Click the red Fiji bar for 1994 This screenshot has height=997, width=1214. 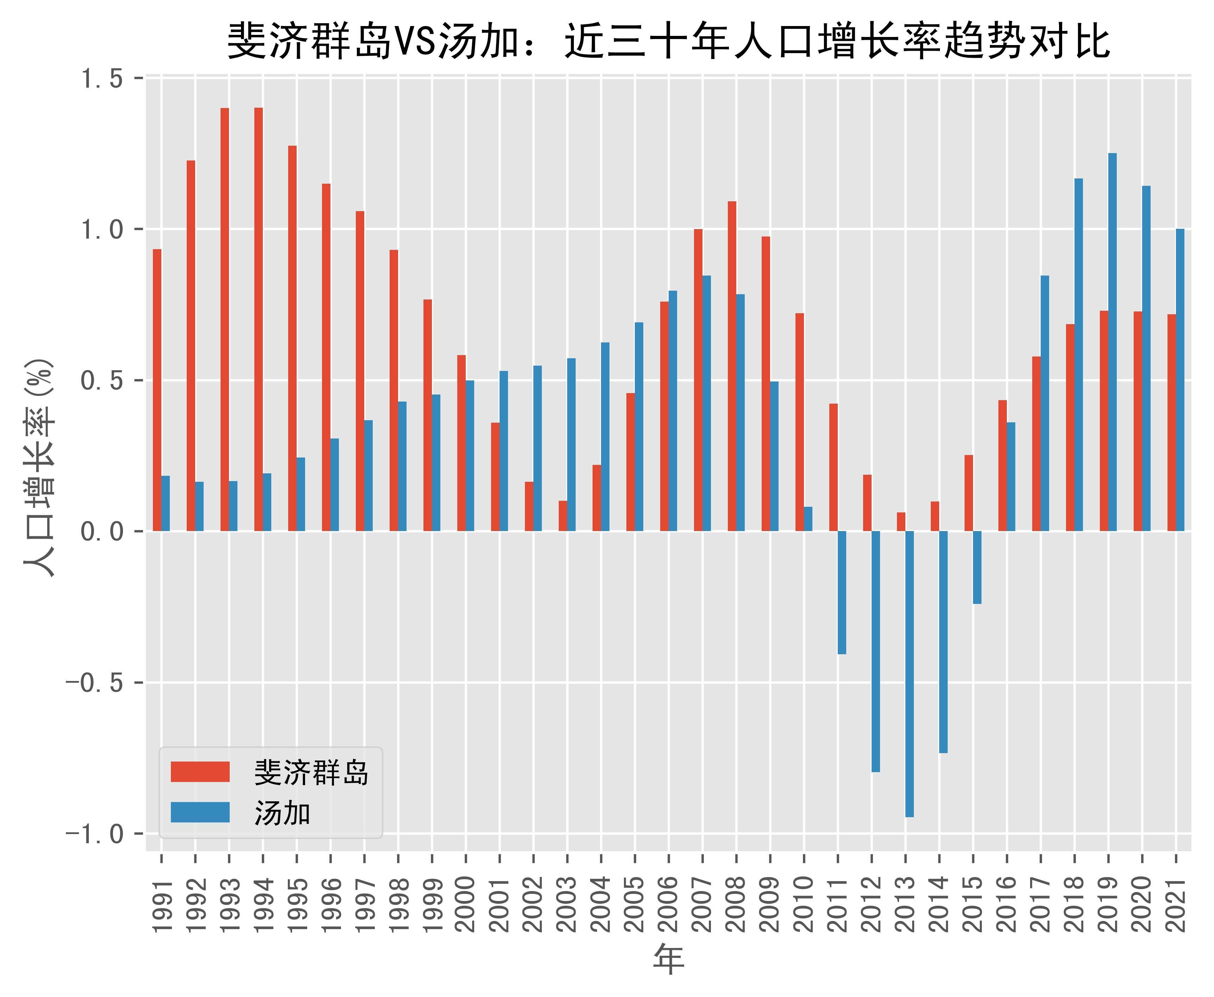[x=259, y=319]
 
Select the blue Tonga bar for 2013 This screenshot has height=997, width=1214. [x=909, y=673]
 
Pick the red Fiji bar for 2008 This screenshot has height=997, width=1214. [x=732, y=366]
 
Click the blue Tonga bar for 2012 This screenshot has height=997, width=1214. [x=875, y=651]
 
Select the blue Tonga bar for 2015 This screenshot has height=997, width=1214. [x=977, y=567]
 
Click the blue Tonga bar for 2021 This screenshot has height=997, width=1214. [x=1180, y=380]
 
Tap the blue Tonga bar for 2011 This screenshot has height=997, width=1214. [x=842, y=592]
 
